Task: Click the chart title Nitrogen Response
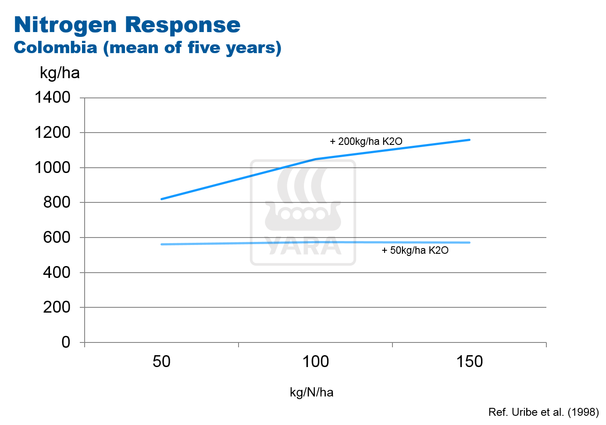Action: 127,25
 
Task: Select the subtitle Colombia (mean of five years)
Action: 147,47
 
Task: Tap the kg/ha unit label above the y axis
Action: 60,72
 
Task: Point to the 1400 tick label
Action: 52,97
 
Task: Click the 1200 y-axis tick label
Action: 52,132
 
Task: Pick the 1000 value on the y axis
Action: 52,167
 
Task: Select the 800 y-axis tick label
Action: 57,202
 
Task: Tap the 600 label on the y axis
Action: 57,237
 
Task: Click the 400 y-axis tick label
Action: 57,272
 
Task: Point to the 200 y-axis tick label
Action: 57,307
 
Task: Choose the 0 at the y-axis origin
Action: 66,342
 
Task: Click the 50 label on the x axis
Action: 161,362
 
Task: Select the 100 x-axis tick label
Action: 315,362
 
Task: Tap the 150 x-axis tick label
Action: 469,362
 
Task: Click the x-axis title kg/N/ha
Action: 311,392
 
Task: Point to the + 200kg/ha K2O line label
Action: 366,141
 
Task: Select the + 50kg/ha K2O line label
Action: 415,250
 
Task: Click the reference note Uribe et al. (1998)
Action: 543,412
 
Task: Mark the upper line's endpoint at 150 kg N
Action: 470,140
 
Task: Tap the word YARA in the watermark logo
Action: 303,247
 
